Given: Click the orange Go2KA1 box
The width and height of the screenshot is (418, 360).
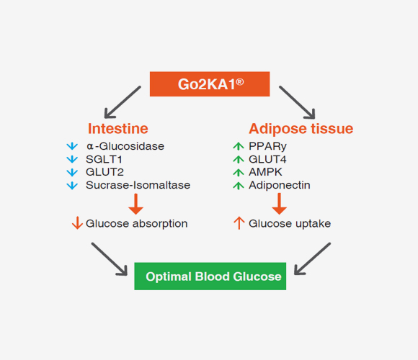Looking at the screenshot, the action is pyautogui.click(x=210, y=84).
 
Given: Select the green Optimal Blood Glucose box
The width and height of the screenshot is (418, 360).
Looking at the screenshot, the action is pyautogui.click(x=210, y=276).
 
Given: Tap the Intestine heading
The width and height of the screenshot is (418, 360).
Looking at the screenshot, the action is pyautogui.click(x=117, y=129).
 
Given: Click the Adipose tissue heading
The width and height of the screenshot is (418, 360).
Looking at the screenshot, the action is pyautogui.click(x=301, y=129).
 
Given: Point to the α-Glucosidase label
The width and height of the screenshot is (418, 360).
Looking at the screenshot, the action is pyautogui.click(x=125, y=146).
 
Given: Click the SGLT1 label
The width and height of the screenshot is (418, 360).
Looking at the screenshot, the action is pyautogui.click(x=104, y=159).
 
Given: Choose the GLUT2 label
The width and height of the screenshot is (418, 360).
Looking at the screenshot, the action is pyautogui.click(x=104, y=172).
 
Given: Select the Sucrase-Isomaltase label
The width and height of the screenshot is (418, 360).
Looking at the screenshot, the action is pyautogui.click(x=138, y=185).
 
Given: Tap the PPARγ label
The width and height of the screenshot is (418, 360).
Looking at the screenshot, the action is pyautogui.click(x=267, y=146).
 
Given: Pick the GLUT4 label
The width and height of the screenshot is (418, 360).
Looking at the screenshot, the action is pyautogui.click(x=267, y=159).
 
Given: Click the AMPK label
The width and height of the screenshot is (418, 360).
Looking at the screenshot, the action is pyautogui.click(x=265, y=172).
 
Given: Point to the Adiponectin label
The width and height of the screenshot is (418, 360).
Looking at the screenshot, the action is pyautogui.click(x=280, y=185).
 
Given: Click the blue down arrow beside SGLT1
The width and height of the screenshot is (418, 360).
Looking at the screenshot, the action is pyautogui.click(x=72, y=159).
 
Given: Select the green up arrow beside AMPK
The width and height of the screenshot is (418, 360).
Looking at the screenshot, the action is pyautogui.click(x=239, y=172).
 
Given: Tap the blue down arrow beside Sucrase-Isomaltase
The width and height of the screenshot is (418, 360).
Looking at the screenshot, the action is pyautogui.click(x=72, y=185).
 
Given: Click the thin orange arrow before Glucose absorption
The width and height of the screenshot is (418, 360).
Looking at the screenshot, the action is pyautogui.click(x=77, y=223).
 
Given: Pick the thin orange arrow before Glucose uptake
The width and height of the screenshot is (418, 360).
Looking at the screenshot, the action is pyautogui.click(x=239, y=223).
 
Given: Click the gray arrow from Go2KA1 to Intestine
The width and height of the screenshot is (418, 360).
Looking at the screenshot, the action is pyautogui.click(x=123, y=102).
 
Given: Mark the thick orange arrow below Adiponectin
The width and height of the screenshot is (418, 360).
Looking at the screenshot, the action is pyautogui.click(x=280, y=204).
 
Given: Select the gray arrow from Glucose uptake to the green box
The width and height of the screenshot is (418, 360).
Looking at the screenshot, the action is pyautogui.click(x=312, y=258).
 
